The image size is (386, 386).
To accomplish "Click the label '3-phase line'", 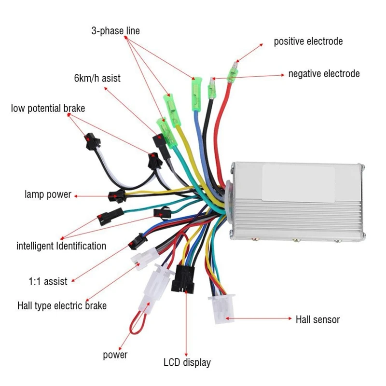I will [115, 31].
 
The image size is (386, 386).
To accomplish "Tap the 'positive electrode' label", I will [308, 41].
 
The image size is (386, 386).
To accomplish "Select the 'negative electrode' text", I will [324, 74].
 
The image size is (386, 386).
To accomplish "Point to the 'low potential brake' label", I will [48, 108].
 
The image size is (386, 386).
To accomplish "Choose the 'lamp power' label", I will [48, 195].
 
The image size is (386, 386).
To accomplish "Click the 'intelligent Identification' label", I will [61, 246].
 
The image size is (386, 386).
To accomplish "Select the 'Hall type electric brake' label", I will [62, 306].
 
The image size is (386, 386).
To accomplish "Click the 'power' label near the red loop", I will [115, 355].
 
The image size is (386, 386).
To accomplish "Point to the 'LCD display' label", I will [187, 362].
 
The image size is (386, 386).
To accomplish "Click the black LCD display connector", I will [182, 279].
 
